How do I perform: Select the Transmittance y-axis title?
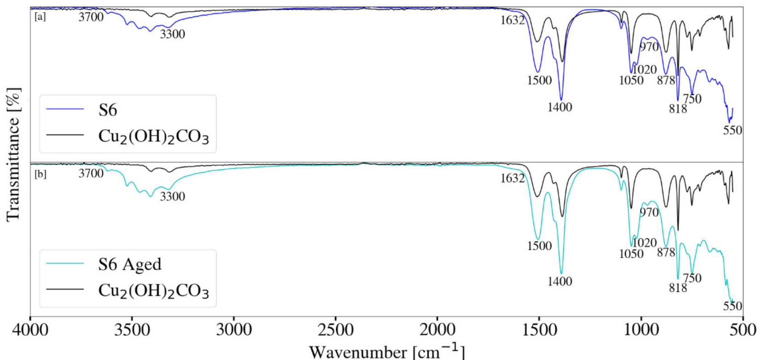14,154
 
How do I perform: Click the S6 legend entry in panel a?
108,110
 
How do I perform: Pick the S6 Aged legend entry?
129,264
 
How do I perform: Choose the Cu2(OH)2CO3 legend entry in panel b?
153,291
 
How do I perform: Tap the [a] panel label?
41,17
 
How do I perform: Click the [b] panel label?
41,174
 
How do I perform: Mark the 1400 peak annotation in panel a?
559,107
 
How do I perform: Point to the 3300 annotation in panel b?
172,197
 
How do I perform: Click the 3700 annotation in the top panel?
91,17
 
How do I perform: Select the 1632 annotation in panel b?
512,178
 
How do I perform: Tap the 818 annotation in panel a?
678,109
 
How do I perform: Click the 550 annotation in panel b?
732,306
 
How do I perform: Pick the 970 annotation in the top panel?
649,47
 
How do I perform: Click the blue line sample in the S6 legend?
65,110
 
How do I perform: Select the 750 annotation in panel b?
692,278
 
